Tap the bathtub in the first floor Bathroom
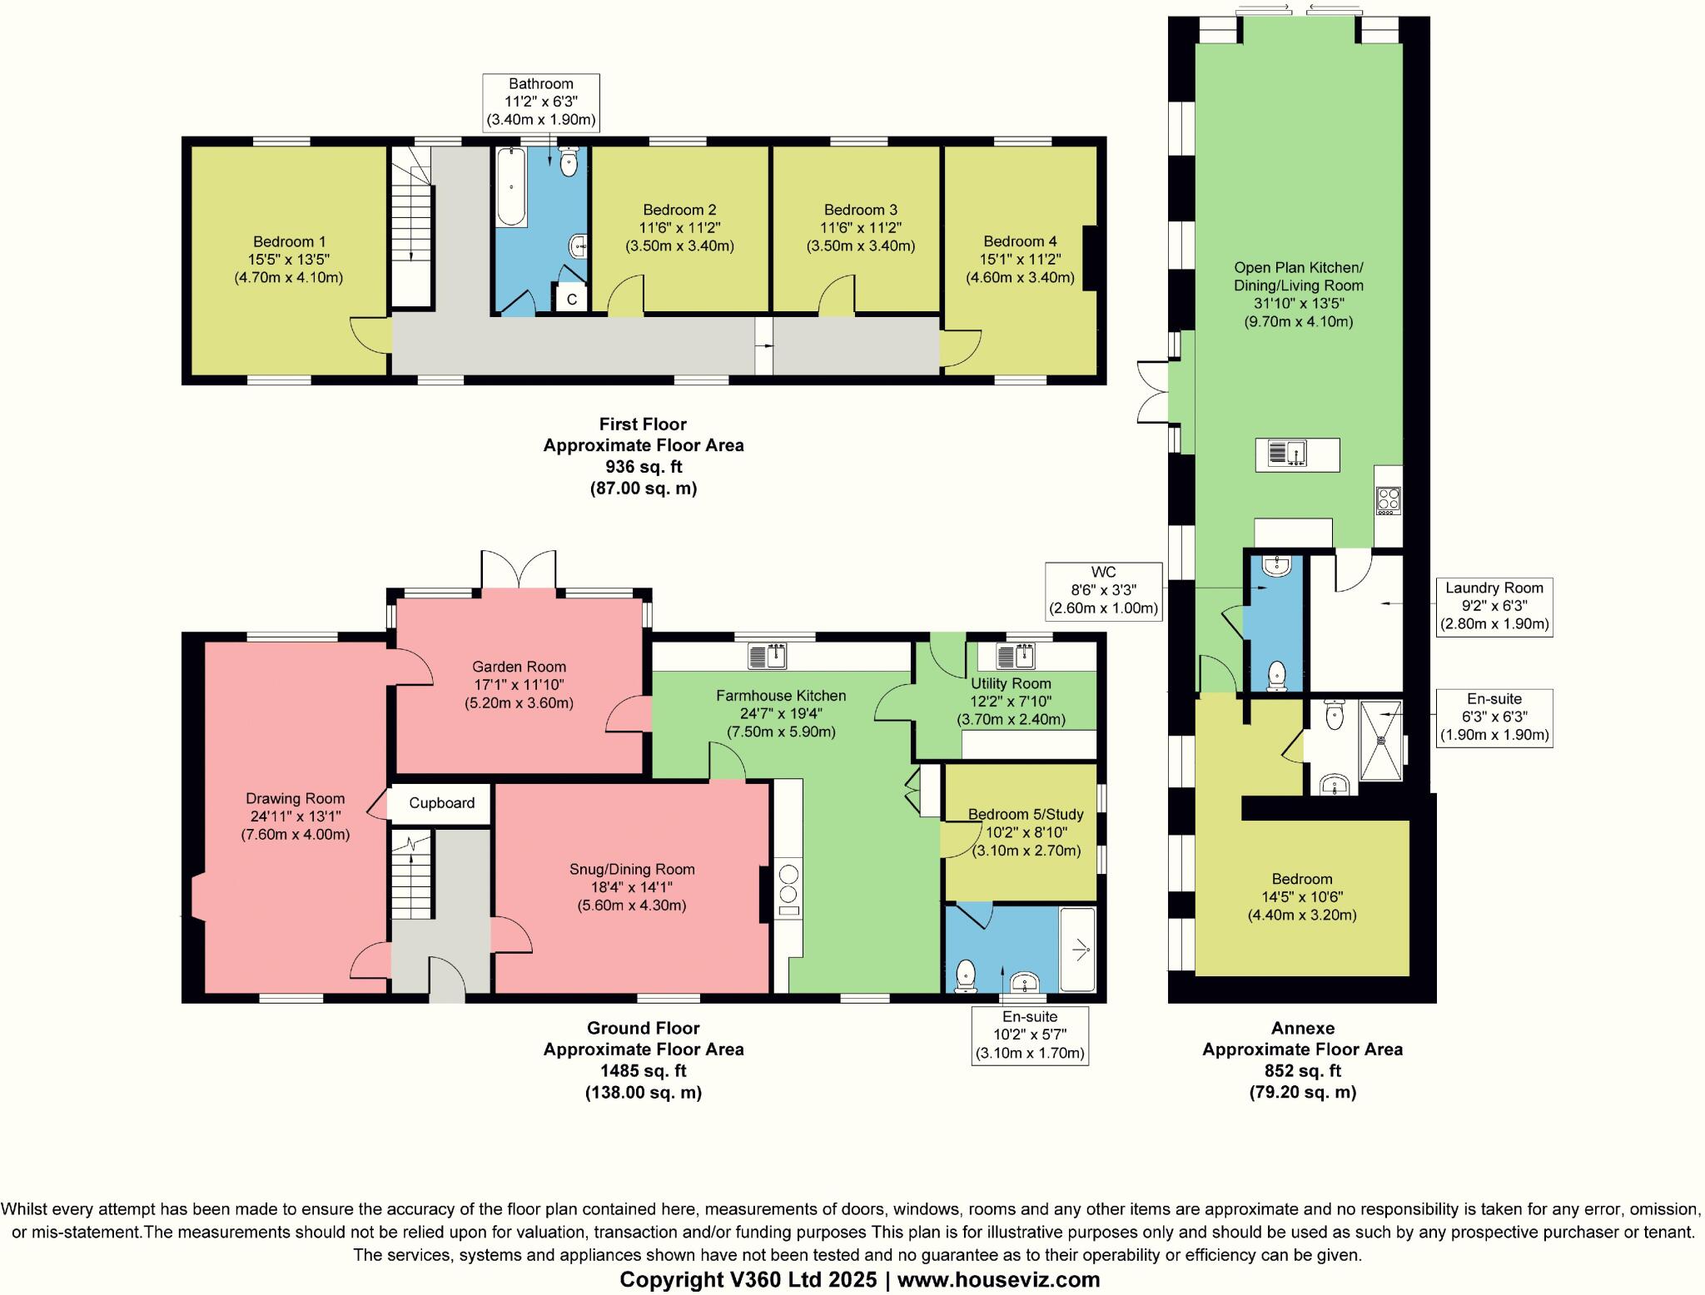click(510, 187)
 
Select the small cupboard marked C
click(572, 298)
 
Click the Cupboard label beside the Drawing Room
click(441, 803)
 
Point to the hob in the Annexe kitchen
click(1389, 500)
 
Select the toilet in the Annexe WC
click(1275, 677)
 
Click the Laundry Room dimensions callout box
click(1494, 607)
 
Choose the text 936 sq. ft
click(643, 467)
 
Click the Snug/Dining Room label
click(632, 870)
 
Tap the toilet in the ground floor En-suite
click(966, 975)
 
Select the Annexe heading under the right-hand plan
click(1302, 1028)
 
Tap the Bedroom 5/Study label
click(1017, 814)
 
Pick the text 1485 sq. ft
click(643, 1071)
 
